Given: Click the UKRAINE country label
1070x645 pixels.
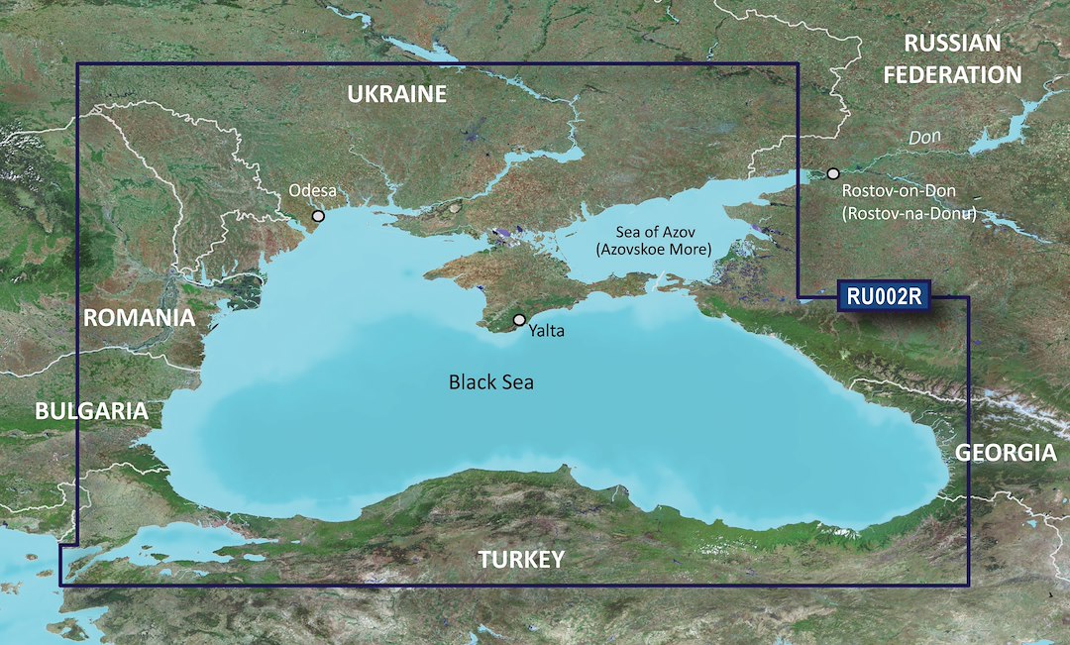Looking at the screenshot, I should pyautogui.click(x=396, y=95).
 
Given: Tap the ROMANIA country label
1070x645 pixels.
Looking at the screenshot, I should pyautogui.click(x=139, y=318).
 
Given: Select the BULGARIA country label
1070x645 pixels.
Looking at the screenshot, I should pyautogui.click(x=91, y=410).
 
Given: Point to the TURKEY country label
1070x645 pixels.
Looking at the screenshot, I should pyautogui.click(x=521, y=560).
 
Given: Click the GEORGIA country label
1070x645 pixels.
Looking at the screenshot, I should pyautogui.click(x=1006, y=454).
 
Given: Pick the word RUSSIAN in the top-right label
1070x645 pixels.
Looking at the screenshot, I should pyautogui.click(x=952, y=44).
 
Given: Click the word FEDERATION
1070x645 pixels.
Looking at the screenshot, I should pyautogui.click(x=952, y=75).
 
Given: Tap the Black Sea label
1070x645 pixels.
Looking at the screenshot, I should pyautogui.click(x=491, y=381).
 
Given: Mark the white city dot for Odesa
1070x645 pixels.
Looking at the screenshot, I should pyautogui.click(x=318, y=216).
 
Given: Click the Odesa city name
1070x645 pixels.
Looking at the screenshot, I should pyautogui.click(x=312, y=191).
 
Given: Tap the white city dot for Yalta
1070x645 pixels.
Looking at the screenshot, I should pyautogui.click(x=519, y=320).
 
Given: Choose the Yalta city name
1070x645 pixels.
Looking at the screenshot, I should pyautogui.click(x=547, y=331).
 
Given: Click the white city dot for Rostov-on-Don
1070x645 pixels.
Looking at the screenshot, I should pyautogui.click(x=833, y=173).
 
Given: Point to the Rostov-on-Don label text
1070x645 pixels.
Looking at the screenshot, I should pyautogui.click(x=900, y=194).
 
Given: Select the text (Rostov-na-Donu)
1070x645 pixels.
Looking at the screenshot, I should pyautogui.click(x=907, y=213).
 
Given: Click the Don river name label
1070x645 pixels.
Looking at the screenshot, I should pyautogui.click(x=921, y=138).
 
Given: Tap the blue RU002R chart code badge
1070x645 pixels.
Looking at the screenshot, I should pyautogui.click(x=884, y=296).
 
